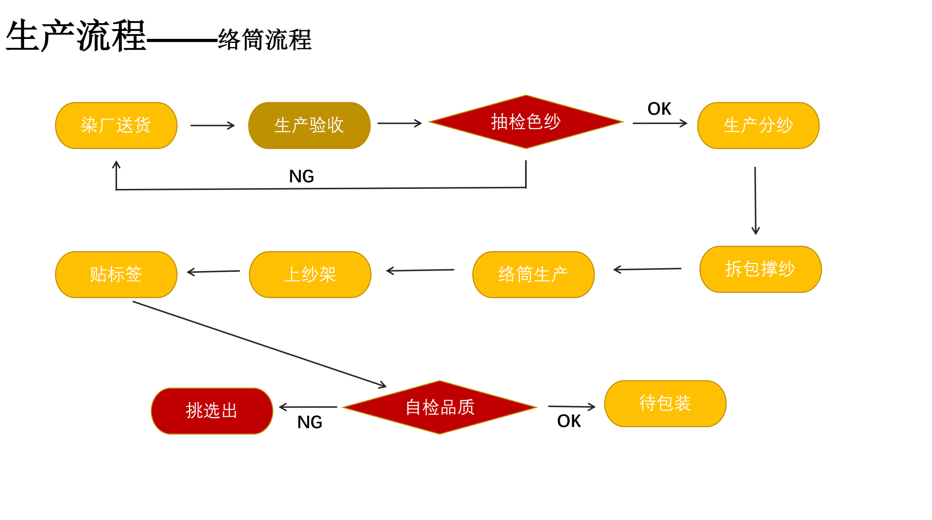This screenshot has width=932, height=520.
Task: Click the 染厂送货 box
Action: [116, 126]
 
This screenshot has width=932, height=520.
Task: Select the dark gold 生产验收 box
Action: [309, 126]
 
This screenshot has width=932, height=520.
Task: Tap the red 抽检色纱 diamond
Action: [526, 122]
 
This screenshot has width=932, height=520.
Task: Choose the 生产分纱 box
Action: [758, 126]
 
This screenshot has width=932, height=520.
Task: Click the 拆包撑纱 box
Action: [760, 269]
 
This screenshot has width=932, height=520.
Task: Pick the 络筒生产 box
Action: [533, 275]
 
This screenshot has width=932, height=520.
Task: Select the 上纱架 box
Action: [310, 275]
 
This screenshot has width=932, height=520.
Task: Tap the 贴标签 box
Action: [116, 275]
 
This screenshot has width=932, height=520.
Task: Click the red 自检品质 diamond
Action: [440, 407]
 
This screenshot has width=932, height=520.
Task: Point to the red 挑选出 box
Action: [212, 411]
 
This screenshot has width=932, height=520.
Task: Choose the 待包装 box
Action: [665, 403]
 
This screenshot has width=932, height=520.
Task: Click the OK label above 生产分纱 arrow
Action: [659, 109]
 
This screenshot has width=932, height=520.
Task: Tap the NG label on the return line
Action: [301, 176]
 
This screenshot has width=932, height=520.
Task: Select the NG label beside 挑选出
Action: [309, 422]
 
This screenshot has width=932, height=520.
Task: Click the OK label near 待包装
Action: [569, 421]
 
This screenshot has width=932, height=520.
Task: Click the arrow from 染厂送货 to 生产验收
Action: [212, 125]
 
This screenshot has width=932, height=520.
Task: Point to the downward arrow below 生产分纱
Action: [755, 200]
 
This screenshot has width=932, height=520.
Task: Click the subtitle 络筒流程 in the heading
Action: [265, 40]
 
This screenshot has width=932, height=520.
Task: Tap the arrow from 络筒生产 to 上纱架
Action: [420, 270]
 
